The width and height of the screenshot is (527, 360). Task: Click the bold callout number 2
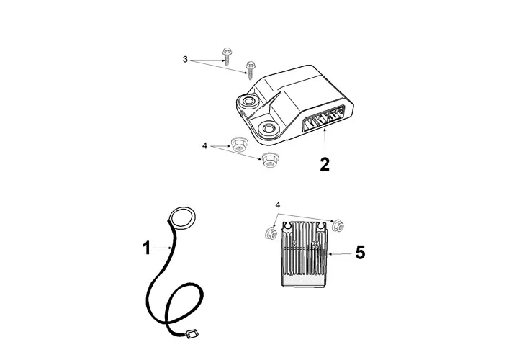click(x=325, y=163)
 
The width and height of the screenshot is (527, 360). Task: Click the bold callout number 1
click(x=146, y=249)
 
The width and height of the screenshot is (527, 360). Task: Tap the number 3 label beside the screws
click(x=185, y=60)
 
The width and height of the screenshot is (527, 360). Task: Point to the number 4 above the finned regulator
click(x=278, y=205)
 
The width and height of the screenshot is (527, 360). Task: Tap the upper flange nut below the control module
click(x=237, y=144)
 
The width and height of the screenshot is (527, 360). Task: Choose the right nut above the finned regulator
click(x=336, y=225)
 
